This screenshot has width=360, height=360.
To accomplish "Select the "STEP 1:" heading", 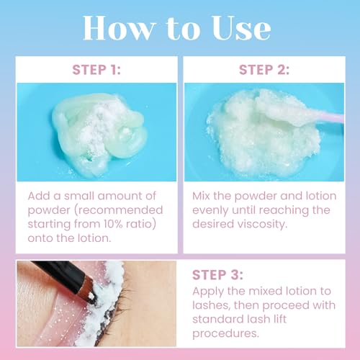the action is pyautogui.click(x=96, y=70).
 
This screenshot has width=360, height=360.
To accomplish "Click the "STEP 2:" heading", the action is pyautogui.click(x=264, y=70).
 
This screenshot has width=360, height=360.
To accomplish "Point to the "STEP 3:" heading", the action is pyautogui.click(x=217, y=275).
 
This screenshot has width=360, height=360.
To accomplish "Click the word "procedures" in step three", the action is pyautogui.click(x=225, y=333).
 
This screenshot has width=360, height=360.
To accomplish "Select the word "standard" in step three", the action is pyautogui.click(x=216, y=319).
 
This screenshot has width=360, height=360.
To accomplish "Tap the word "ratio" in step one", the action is pyautogui.click(x=141, y=224).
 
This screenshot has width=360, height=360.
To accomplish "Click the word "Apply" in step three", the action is pyautogui.click(x=208, y=292).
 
